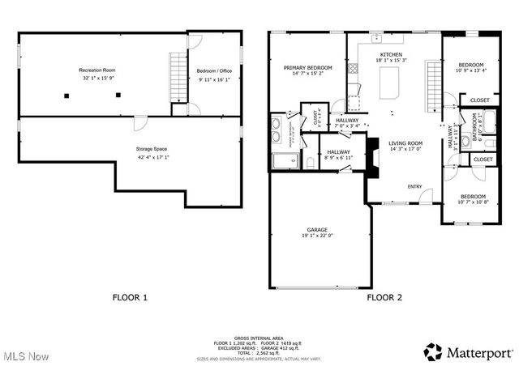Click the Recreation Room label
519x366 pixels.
point(96,70)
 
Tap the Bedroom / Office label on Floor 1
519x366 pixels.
point(214,71)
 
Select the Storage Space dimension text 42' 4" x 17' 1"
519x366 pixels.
point(152,158)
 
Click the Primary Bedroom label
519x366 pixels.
point(307,67)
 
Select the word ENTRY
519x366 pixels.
point(414,186)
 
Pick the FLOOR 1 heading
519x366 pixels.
point(130,297)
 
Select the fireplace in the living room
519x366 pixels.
point(373,156)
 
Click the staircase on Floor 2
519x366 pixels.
point(434,84)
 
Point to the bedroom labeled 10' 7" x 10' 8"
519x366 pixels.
point(472,198)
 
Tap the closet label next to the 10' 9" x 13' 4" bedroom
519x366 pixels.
point(479,100)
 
